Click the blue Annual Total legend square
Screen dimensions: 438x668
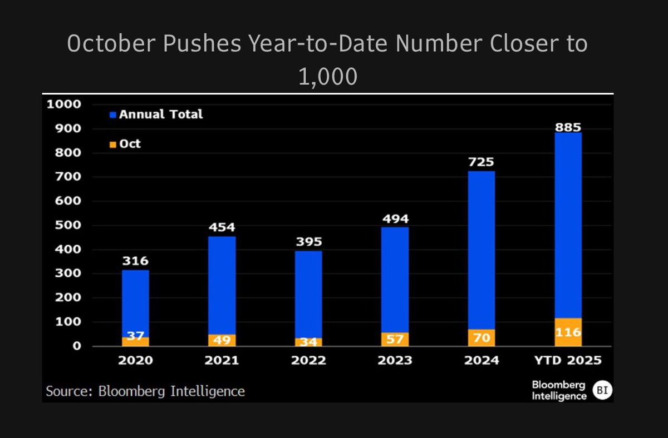tap(112, 115)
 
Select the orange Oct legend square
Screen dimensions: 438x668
tap(112, 145)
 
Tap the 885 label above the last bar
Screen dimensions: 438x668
tap(568, 127)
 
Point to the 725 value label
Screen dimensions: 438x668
tap(482, 163)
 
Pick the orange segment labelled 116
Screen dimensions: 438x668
tap(568, 332)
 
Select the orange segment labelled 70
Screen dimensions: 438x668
tap(482, 337)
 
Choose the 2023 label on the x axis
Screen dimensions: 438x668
tap(395, 360)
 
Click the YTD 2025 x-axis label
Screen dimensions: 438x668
tap(568, 360)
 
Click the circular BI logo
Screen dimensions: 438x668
tap(601, 390)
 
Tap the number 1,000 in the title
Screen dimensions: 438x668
tap(327, 76)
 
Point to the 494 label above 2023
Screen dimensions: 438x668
tap(395, 218)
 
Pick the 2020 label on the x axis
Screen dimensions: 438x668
tap(135, 360)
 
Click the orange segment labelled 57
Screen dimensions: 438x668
tap(395, 339)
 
